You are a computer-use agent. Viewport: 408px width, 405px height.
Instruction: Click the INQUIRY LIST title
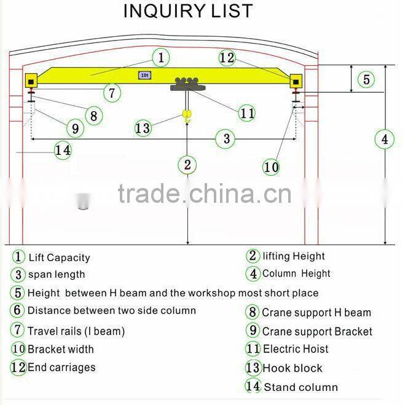point(187,12)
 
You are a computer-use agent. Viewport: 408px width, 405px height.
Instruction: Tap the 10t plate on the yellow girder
point(145,75)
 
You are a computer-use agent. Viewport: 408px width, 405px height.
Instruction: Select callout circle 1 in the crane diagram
point(160,58)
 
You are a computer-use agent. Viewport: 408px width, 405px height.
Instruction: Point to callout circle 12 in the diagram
point(227,58)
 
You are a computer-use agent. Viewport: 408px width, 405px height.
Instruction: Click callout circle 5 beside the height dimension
point(366,80)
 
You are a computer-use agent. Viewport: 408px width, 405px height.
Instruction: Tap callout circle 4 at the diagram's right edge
point(385,140)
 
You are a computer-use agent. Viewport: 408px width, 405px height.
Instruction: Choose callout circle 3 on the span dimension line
point(227,139)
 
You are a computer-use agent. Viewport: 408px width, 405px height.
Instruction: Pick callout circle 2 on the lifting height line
point(187,165)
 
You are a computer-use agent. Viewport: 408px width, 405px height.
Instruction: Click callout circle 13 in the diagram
point(143,128)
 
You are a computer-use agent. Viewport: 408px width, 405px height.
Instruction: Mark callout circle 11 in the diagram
point(248,114)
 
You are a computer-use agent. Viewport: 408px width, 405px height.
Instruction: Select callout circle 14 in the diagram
point(63,150)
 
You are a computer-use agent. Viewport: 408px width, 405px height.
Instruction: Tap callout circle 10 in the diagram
point(271,167)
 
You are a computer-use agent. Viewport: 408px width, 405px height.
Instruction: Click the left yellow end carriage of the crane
point(30,81)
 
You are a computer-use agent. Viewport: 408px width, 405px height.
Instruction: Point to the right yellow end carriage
point(297,81)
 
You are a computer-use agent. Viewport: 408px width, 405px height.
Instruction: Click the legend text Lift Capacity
point(59,258)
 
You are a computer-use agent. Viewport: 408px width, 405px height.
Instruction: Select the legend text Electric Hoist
point(296,349)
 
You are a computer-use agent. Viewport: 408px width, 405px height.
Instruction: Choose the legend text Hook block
point(292,368)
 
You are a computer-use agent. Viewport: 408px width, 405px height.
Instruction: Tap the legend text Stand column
point(300,387)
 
